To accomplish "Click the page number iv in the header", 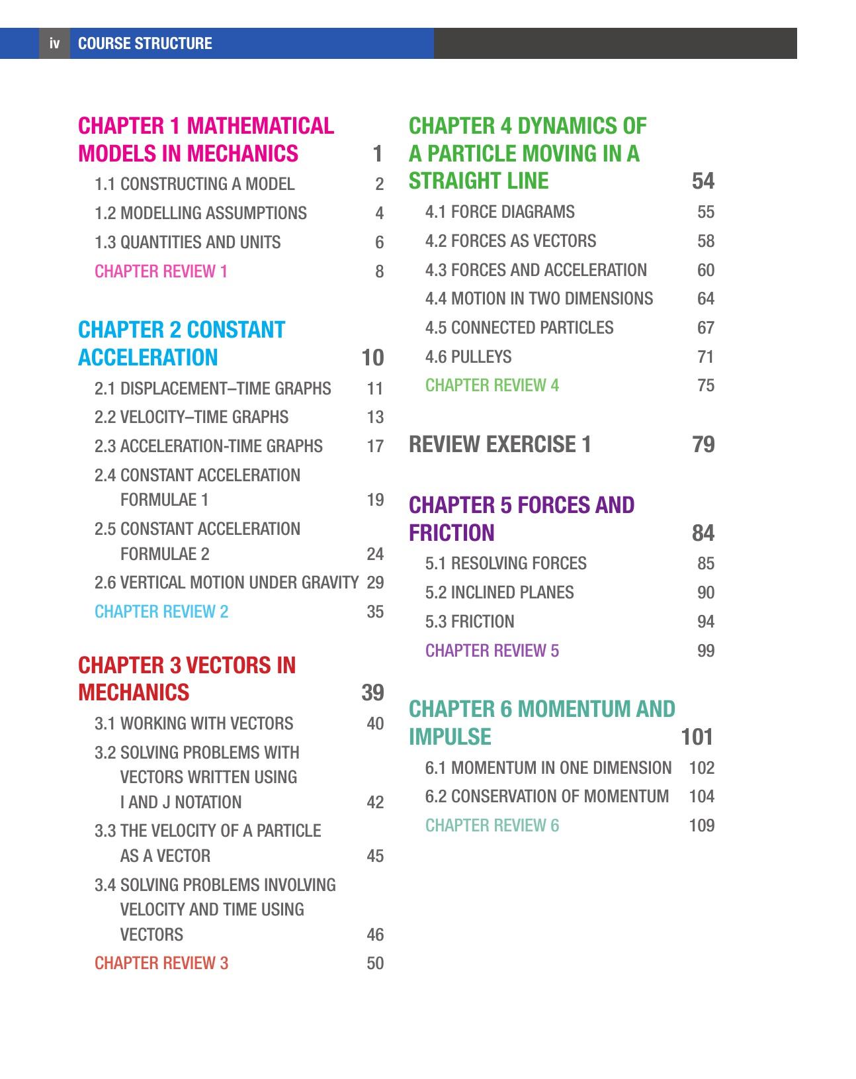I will (54, 44).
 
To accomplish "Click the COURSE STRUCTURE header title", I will (145, 44).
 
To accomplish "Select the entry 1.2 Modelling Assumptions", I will (200, 213).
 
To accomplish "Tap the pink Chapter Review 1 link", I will (161, 271).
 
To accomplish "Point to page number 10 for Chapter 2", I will (372, 357).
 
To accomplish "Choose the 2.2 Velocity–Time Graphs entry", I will (191, 417).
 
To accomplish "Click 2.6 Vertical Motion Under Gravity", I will (226, 583).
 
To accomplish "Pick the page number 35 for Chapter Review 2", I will (375, 612).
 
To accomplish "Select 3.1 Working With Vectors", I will (194, 724).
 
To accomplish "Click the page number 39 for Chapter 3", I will (372, 692).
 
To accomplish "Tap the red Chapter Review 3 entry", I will (161, 963).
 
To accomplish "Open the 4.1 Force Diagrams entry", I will (499, 212).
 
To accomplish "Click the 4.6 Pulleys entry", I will (468, 357).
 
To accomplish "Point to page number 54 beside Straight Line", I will (703, 181).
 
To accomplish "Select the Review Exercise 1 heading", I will (500, 444).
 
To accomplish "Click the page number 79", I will (703, 444).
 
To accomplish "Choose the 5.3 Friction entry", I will (470, 622).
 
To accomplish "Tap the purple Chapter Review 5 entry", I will (492, 651).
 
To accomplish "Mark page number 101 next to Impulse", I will (697, 737).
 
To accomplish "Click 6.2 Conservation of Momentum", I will (547, 796).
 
